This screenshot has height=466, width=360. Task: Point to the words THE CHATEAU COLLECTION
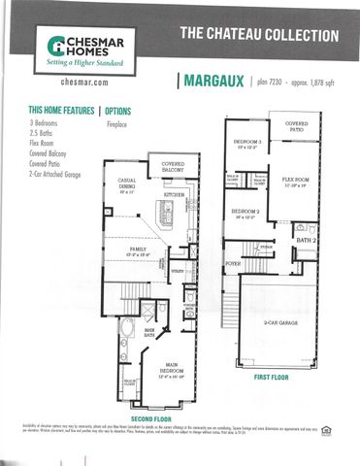pyautogui.click(x=259, y=35)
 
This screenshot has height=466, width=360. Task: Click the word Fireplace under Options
pyautogui.click(x=117, y=125)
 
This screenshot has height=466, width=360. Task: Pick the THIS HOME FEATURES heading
pyautogui.click(x=62, y=111)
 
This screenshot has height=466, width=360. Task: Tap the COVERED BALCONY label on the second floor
pyautogui.click(x=173, y=167)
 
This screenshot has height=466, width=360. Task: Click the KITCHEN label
pyautogui.click(x=174, y=195)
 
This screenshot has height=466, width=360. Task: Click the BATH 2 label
pyautogui.click(x=307, y=239)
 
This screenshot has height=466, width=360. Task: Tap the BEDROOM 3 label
pyautogui.click(x=247, y=143)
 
